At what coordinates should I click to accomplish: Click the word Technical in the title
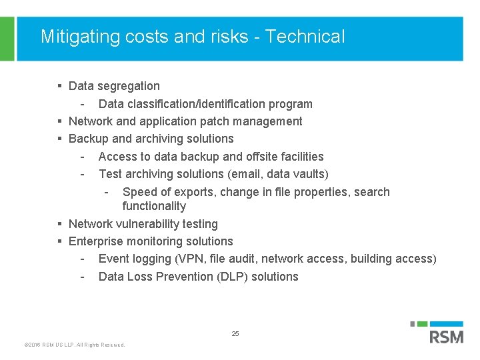tap(305, 36)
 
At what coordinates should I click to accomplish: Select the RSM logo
tap(445, 333)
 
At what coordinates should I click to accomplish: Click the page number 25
tap(235, 333)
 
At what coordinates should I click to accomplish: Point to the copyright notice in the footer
tap(74, 345)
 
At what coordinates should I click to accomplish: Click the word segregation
tap(129, 86)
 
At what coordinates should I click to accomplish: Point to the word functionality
tap(154, 206)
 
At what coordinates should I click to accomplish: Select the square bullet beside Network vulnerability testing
tap(60, 224)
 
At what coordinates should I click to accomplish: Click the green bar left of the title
tap(7, 39)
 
